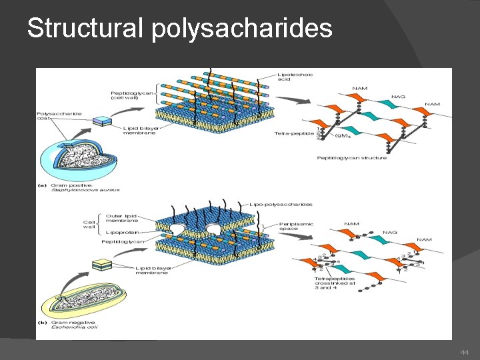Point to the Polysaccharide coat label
click(59, 117)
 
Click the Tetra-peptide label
click(293, 133)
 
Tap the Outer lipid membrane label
click(123, 217)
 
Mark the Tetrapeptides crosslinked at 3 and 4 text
click(337, 283)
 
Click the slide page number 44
click(465, 351)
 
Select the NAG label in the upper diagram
click(399, 97)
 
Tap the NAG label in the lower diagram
click(390, 233)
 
